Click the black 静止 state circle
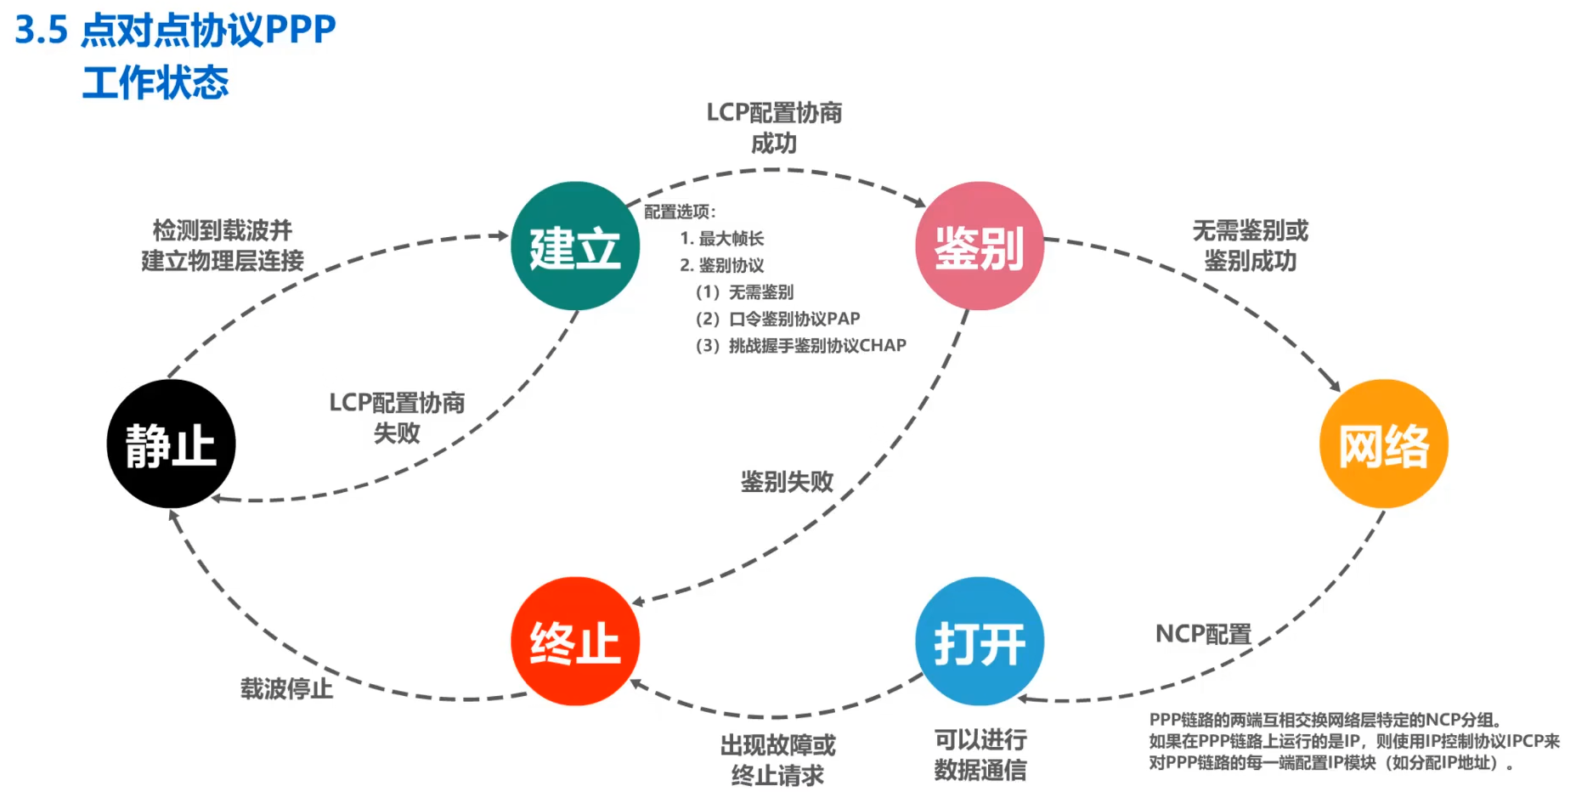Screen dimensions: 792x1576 point(171,444)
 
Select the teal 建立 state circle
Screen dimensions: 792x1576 point(575,246)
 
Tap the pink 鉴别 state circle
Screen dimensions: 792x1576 point(979,246)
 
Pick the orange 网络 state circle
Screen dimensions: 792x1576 point(1383,444)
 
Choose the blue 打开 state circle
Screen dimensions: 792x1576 point(979,642)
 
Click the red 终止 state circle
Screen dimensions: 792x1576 point(575,642)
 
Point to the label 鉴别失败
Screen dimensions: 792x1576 point(787,482)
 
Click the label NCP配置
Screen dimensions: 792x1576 point(1203,634)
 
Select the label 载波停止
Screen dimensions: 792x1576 point(286,688)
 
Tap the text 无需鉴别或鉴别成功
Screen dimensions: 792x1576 point(1250,246)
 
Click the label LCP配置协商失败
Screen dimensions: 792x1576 point(397,417)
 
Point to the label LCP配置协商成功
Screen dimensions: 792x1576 point(774,127)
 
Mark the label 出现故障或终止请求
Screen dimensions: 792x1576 point(777,760)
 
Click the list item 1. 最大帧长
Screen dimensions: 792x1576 point(722,239)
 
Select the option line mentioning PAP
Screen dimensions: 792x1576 point(778,319)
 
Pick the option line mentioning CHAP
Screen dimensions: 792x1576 point(801,346)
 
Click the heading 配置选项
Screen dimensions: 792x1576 point(680,212)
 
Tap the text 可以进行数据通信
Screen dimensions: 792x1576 point(980,755)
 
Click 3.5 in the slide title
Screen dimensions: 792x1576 point(41,31)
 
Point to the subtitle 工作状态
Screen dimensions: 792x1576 point(155,83)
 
